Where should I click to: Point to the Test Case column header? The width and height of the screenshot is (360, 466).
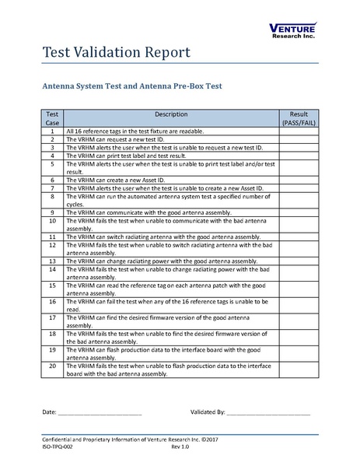[52, 117]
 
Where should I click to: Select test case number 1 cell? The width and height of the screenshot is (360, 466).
[52, 132]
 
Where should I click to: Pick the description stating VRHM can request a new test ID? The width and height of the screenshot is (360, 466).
[117, 139]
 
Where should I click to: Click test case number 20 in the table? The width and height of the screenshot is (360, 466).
[52, 366]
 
